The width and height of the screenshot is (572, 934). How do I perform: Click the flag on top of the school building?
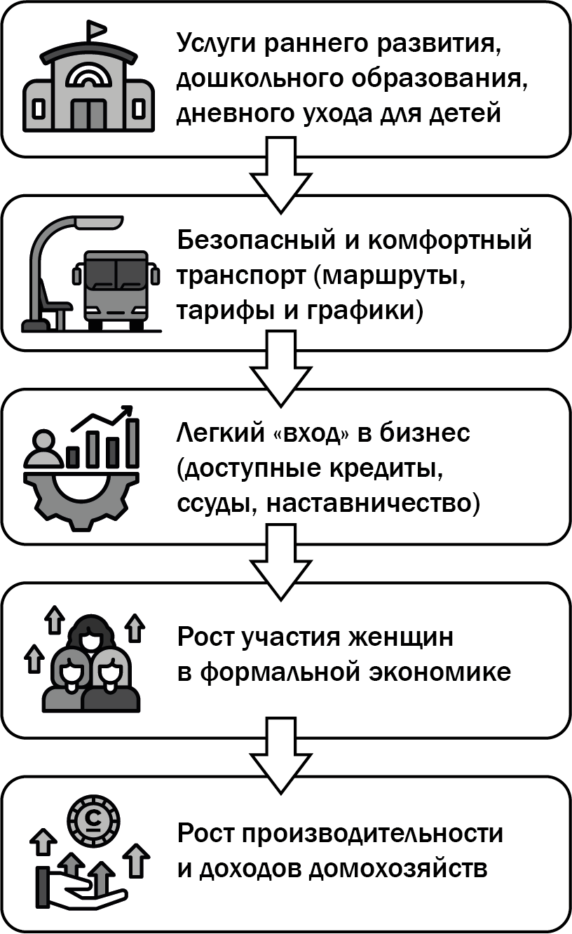[x=94, y=30]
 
